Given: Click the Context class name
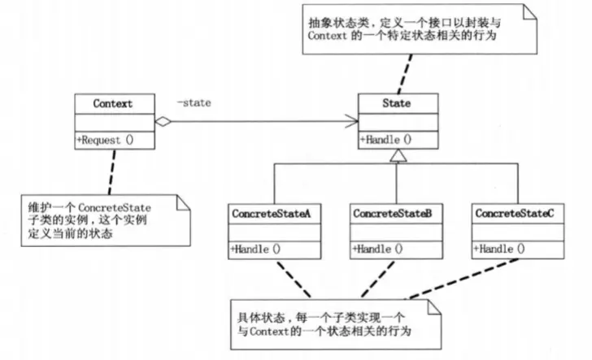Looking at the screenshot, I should (x=113, y=104).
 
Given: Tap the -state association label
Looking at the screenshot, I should (x=195, y=103).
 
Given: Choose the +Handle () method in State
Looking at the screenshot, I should (x=385, y=139).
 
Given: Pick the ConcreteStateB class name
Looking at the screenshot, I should (x=393, y=213).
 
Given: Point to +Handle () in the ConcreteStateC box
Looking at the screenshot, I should (x=498, y=249).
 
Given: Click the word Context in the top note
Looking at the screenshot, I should (x=329, y=37).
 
